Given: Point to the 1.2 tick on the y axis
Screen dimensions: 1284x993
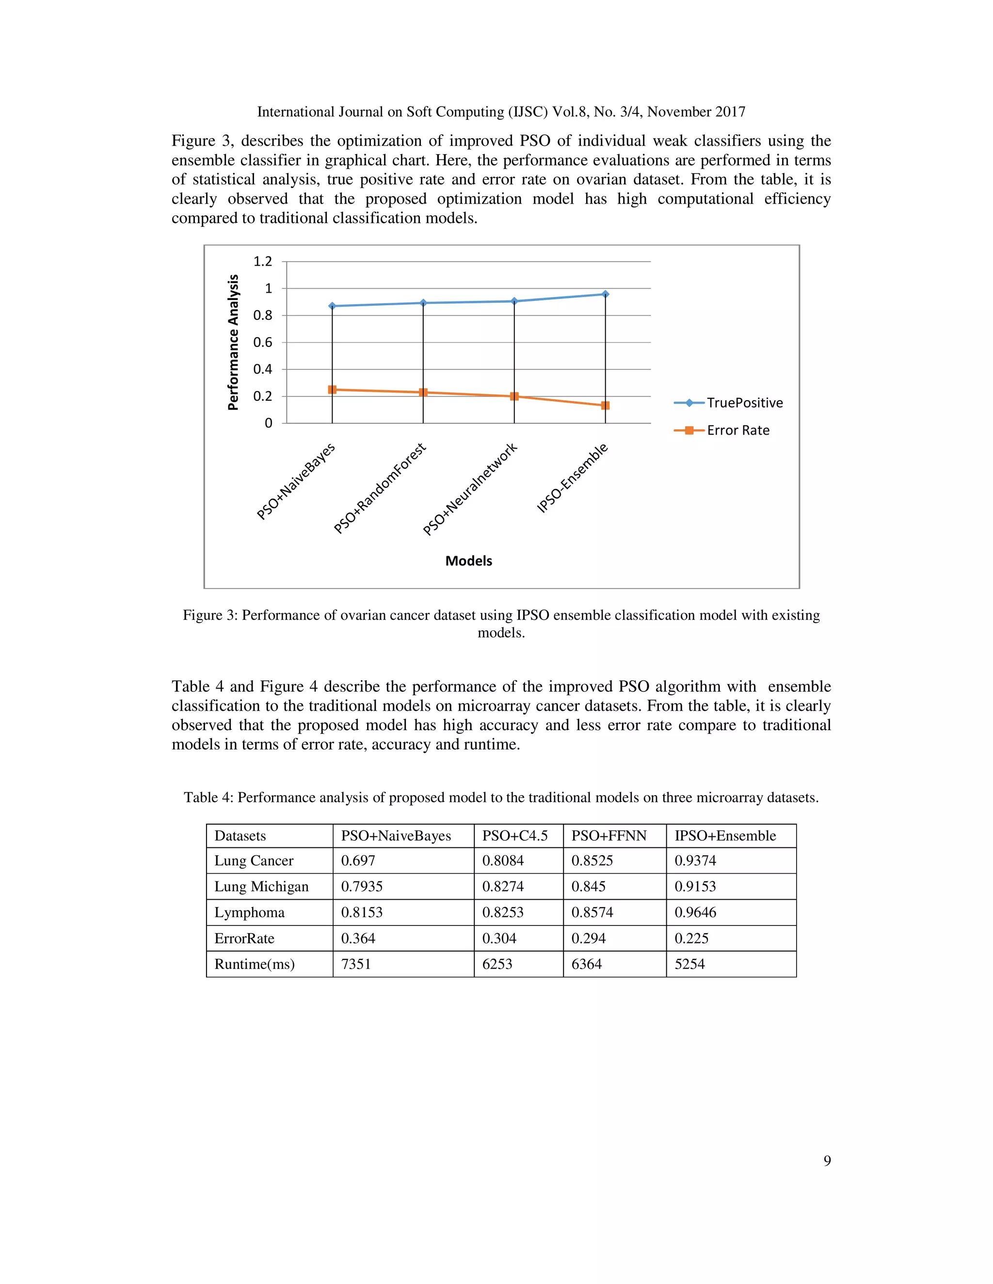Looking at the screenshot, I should click(262, 261).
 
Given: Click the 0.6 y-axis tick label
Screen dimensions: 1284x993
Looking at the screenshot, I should click(262, 342).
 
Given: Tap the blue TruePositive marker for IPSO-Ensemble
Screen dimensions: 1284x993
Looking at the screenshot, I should click(605, 294).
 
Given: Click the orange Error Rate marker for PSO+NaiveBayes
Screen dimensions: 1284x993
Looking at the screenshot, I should click(332, 389).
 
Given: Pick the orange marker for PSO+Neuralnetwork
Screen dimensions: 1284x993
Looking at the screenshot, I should click(514, 396).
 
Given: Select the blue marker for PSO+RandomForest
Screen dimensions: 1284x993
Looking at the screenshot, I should click(423, 303).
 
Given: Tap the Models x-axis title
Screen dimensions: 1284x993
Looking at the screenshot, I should click(468, 561).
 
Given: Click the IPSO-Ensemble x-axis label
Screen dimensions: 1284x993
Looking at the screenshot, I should click(572, 478).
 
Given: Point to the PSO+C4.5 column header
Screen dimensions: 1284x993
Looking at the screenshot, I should click(515, 835).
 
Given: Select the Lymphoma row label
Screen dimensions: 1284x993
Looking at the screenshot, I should click(249, 912).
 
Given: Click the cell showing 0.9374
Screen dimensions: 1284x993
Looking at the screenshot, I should click(695, 861).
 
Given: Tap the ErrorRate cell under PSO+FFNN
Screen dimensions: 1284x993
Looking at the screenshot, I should click(588, 939).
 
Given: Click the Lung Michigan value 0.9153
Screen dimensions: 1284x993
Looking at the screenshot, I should click(695, 887).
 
